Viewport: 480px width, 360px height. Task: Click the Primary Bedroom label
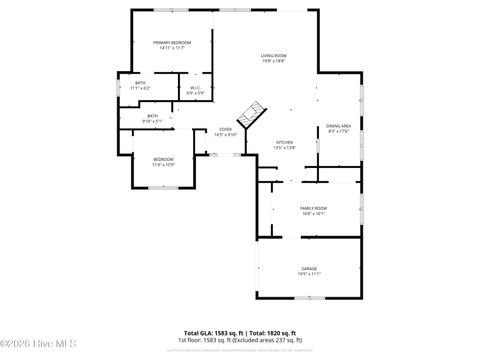(172, 42)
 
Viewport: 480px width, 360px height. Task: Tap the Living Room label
(274, 55)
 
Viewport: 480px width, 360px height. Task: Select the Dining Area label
(338, 126)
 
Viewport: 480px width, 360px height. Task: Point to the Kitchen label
(285, 142)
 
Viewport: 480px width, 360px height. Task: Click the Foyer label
(227, 129)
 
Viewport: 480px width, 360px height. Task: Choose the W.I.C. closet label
(196, 88)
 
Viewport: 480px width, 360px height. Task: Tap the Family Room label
(314, 208)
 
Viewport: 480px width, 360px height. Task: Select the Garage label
(310, 268)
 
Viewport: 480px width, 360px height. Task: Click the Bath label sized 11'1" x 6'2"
(140, 83)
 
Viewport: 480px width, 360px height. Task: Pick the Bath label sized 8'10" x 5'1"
(153, 116)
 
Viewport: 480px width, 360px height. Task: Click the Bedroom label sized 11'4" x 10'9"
(163, 160)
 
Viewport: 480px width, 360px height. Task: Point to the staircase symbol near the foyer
(254, 111)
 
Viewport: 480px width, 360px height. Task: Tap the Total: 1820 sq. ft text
(272, 333)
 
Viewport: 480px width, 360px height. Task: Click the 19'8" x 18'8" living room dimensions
(274, 61)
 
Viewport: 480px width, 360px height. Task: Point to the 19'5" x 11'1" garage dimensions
(310, 274)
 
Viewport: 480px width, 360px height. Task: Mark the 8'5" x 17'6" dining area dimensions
(338, 132)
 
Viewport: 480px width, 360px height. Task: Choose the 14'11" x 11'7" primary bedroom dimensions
(172, 48)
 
